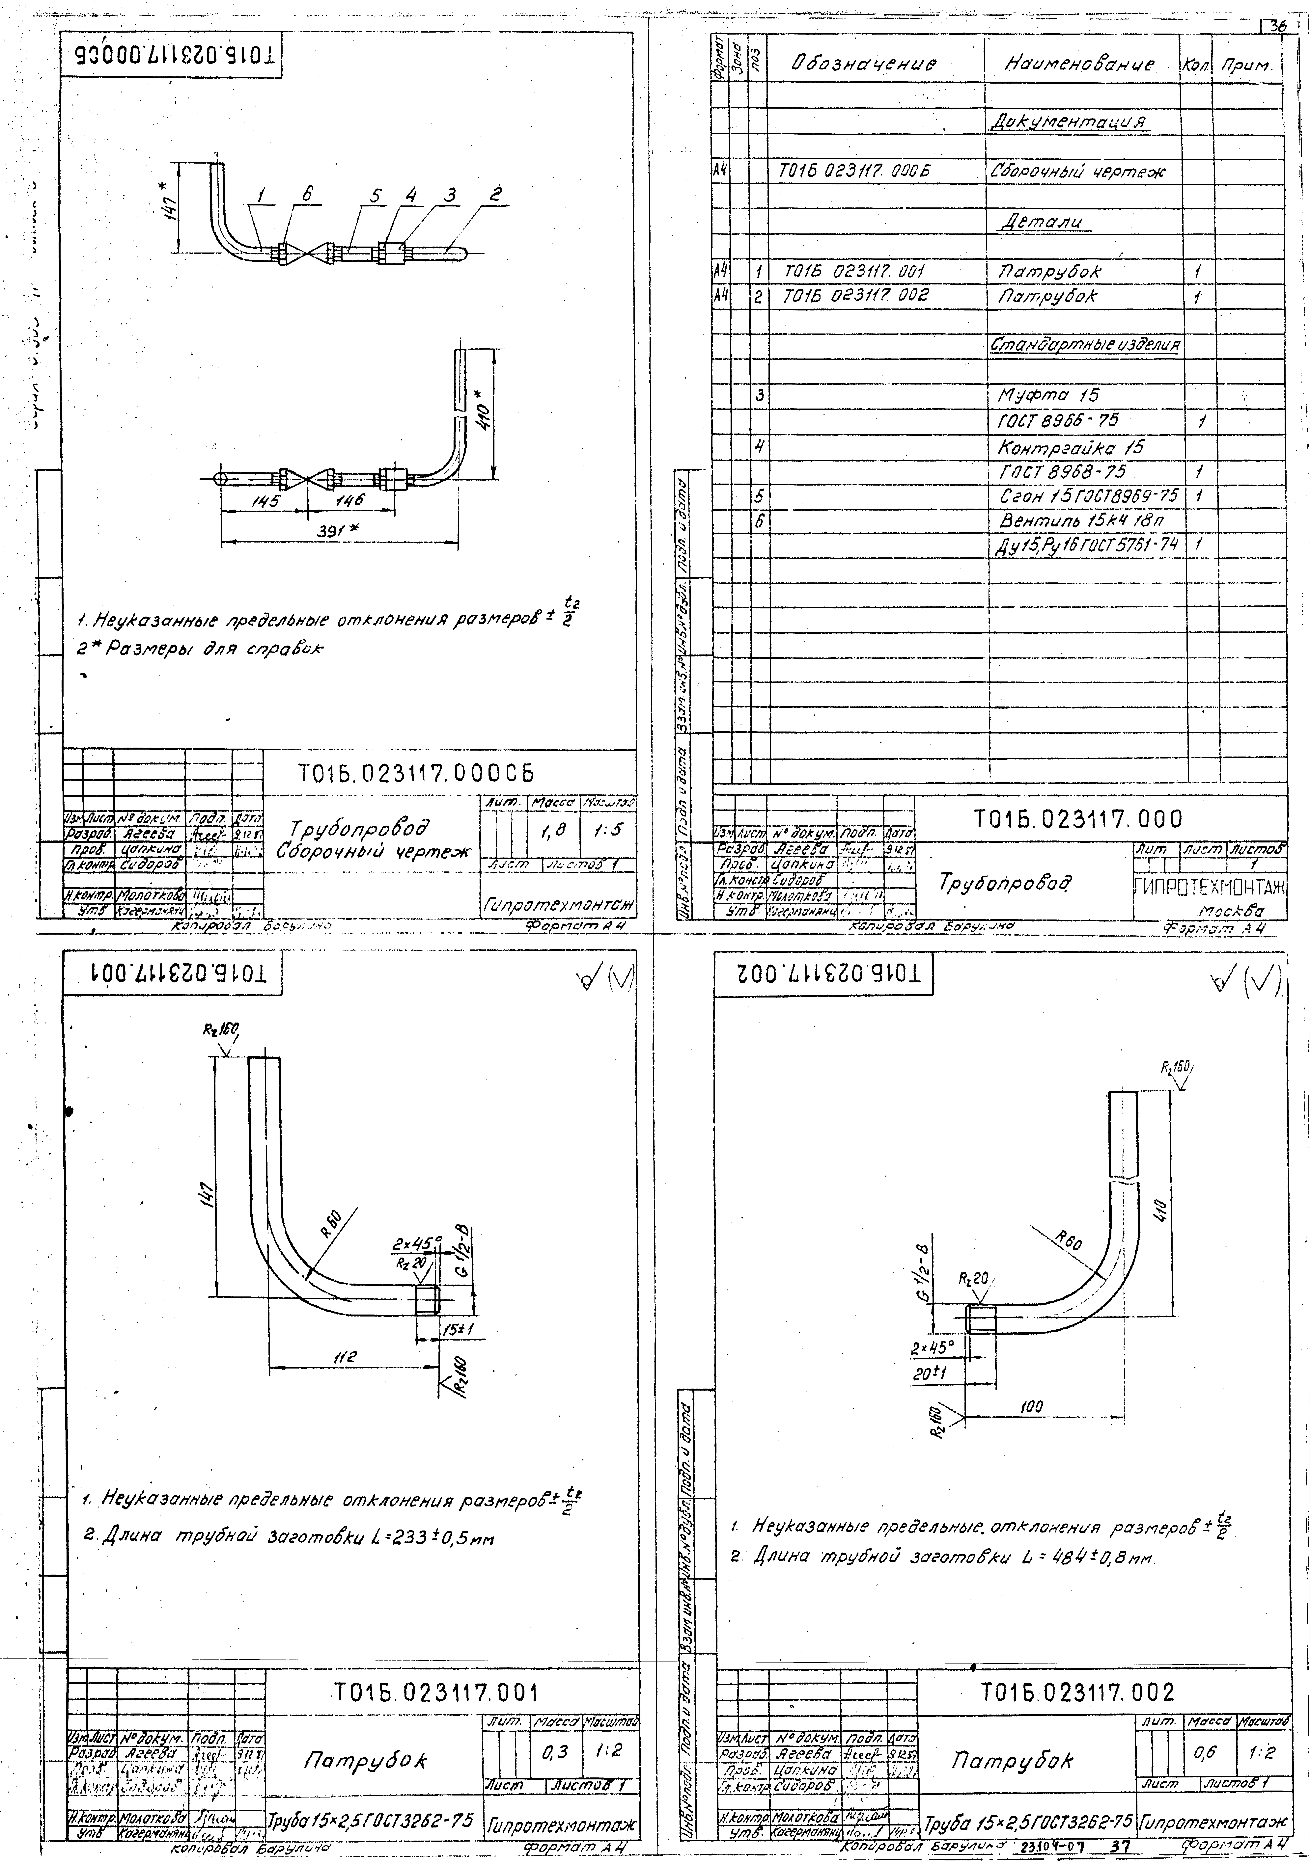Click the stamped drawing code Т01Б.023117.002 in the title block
pyautogui.click(x=1077, y=1693)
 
